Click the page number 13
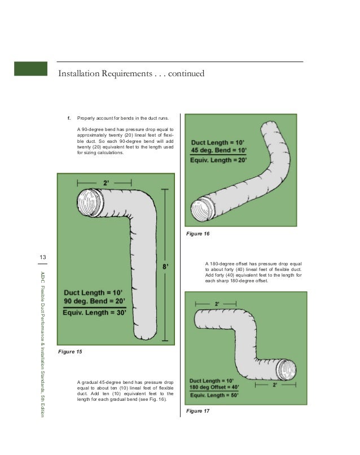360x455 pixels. click(x=42, y=258)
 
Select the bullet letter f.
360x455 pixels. click(x=69, y=119)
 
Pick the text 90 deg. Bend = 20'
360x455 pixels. click(x=94, y=302)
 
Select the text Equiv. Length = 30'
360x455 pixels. click(x=95, y=313)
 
